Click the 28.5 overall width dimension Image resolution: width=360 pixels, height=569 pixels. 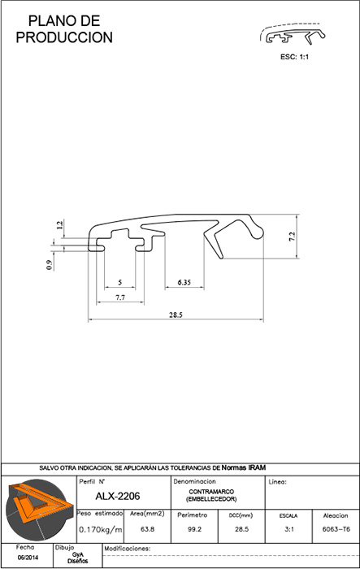(x=176, y=315)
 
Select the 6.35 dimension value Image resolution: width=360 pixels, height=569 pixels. (x=184, y=282)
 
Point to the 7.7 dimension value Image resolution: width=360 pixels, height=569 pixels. (x=120, y=298)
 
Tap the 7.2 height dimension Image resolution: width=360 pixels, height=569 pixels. (x=292, y=237)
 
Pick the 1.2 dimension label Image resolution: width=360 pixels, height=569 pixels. (x=60, y=224)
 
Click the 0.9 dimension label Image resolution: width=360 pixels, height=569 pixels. (x=50, y=266)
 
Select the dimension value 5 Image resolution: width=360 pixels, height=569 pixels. (x=120, y=282)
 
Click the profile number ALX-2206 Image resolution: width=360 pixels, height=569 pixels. (x=118, y=496)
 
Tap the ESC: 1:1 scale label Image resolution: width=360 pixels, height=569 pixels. (x=295, y=57)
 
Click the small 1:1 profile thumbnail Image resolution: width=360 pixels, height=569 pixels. (x=293, y=34)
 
